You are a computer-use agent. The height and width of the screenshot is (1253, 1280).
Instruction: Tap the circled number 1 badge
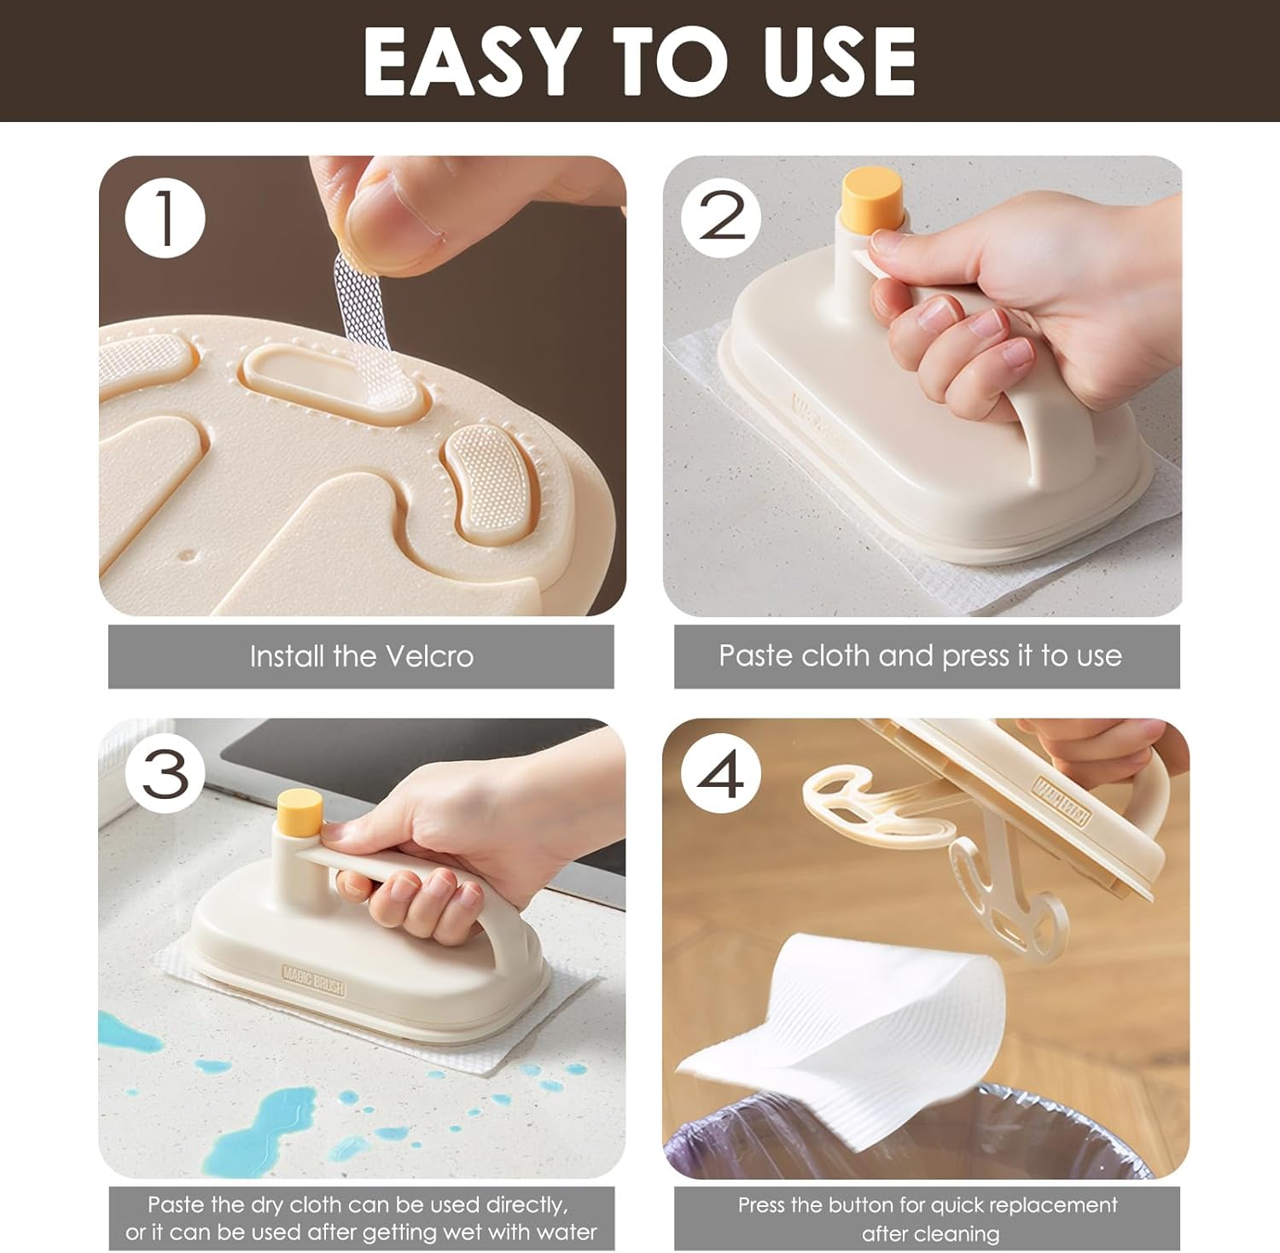point(166,219)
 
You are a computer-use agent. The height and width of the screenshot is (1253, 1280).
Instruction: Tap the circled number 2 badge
point(721,219)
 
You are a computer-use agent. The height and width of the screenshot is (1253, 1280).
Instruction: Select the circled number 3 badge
point(166,774)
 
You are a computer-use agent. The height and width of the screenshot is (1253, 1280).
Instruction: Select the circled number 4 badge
point(721,774)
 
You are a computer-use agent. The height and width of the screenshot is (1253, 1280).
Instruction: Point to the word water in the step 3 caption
point(566,1233)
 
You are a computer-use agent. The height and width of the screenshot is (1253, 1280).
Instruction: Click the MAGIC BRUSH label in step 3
point(313,980)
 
